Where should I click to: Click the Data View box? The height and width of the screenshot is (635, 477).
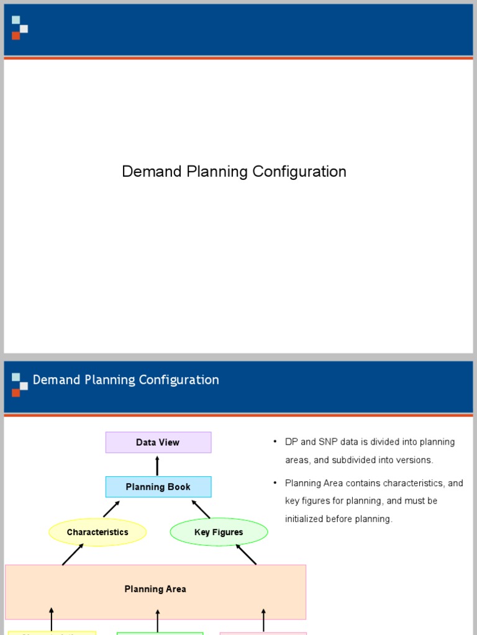pos(158,442)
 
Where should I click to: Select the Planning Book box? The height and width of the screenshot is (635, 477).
pos(158,487)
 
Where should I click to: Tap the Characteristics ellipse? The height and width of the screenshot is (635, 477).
pos(98,532)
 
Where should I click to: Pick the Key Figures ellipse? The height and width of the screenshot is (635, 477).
pos(219,532)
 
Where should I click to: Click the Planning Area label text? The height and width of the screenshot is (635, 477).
pos(155,589)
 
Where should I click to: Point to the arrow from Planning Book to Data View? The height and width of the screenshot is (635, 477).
pos(157,466)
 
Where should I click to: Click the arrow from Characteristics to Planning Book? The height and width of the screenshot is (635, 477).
pos(111,508)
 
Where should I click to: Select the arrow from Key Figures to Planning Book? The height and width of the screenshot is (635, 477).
pos(201,508)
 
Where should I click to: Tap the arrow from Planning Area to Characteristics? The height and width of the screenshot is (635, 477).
pos(73,554)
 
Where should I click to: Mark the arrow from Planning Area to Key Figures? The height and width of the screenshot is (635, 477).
pos(246,554)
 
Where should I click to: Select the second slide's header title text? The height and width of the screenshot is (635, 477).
pos(125,380)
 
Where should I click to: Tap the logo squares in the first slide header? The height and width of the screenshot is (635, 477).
pos(19,28)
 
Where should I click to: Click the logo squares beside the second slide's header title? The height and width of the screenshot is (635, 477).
pos(19,384)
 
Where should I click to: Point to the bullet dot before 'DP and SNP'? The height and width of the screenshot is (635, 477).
pos(275,442)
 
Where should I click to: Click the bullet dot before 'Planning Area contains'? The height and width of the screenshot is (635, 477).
pos(275,482)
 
